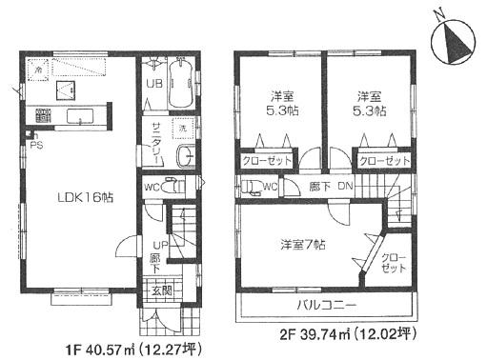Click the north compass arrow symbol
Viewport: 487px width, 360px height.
click(x=453, y=43)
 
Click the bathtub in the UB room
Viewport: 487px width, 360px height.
click(x=182, y=85)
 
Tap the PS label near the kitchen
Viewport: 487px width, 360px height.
click(x=36, y=145)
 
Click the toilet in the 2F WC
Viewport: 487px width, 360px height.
click(x=250, y=186)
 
